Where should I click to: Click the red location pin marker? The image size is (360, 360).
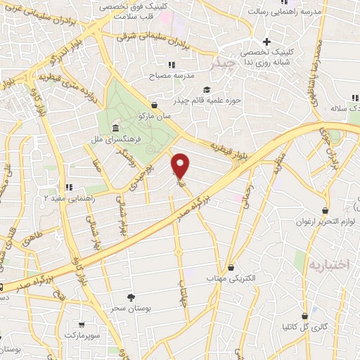click(181, 165)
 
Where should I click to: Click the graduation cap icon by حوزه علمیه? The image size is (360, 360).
click(207, 89)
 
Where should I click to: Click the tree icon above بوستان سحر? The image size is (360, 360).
click(131, 297)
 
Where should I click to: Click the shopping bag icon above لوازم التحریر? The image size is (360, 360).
click(326, 210)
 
